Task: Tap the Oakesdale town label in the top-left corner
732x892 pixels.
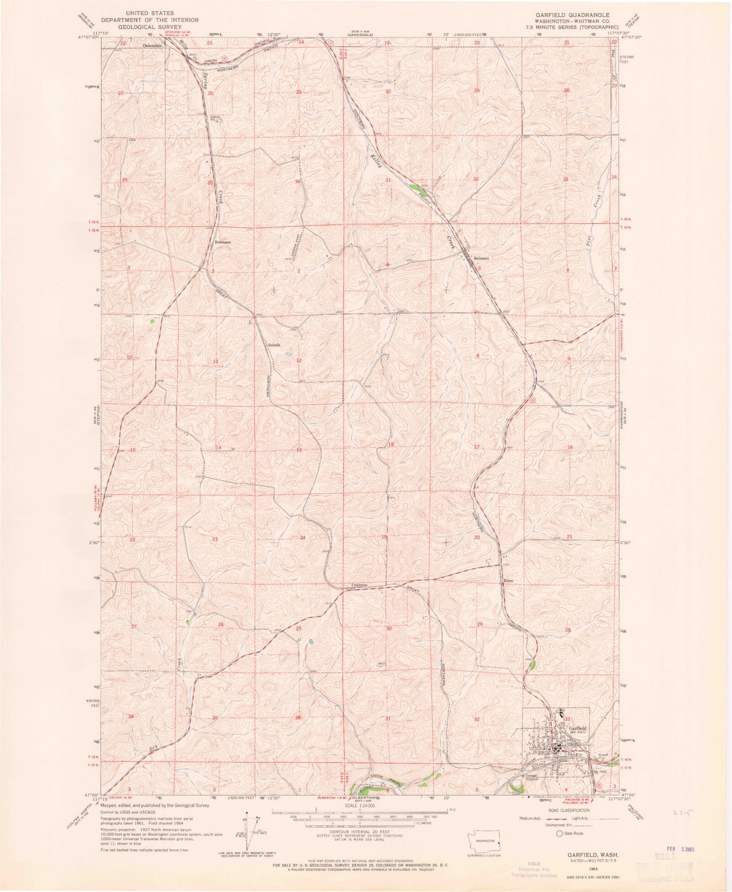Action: (x=153, y=46)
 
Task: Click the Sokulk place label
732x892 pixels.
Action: (x=274, y=345)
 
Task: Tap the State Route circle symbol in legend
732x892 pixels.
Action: (x=559, y=833)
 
